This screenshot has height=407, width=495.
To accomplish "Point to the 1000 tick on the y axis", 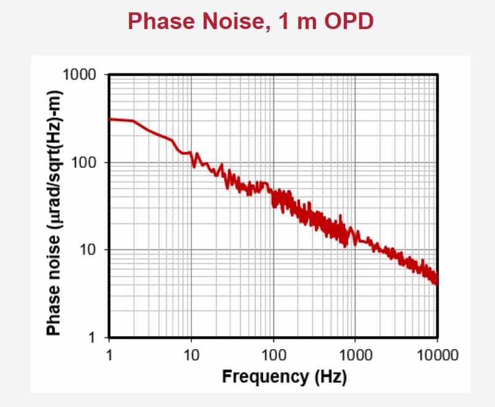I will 80,75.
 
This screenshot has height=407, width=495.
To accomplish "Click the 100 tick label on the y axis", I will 85,162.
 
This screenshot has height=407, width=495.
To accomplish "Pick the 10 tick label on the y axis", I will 89,250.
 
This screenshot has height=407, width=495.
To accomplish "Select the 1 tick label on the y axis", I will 93,338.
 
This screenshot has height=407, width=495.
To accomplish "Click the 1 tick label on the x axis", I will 109,355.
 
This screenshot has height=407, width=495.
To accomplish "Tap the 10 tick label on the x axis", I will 191,355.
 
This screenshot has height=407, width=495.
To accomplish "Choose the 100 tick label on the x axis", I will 273,355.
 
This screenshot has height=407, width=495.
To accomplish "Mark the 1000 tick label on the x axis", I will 356,355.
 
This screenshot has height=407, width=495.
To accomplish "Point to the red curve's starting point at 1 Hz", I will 110,119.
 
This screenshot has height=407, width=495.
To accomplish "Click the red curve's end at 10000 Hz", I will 437,281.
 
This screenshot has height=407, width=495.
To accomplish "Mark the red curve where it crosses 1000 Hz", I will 356,235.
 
